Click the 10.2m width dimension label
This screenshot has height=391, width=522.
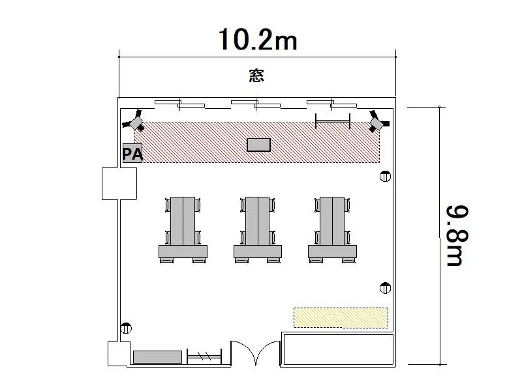(257, 40)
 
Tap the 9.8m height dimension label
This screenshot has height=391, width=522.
(457, 236)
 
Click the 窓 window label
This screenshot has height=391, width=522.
(256, 76)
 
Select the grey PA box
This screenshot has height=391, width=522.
(132, 153)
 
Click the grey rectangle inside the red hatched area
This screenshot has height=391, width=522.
(258, 145)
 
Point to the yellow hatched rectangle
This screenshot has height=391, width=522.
(341, 317)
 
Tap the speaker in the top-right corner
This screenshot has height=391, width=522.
(378, 122)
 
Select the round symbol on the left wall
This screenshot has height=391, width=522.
(126, 328)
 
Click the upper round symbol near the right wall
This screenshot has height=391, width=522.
(385, 176)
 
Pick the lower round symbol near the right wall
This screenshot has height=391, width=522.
(385, 288)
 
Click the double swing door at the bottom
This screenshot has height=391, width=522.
(256, 353)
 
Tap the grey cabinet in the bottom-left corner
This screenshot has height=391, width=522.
(157, 357)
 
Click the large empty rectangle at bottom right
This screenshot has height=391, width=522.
(339, 350)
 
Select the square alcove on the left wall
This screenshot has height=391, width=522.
(119, 184)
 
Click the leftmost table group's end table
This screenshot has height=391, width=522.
(183, 252)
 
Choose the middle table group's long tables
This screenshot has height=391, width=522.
(257, 221)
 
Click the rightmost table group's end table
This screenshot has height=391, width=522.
(332, 252)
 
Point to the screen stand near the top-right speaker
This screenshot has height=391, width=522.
(333, 121)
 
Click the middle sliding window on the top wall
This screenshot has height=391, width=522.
(256, 104)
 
